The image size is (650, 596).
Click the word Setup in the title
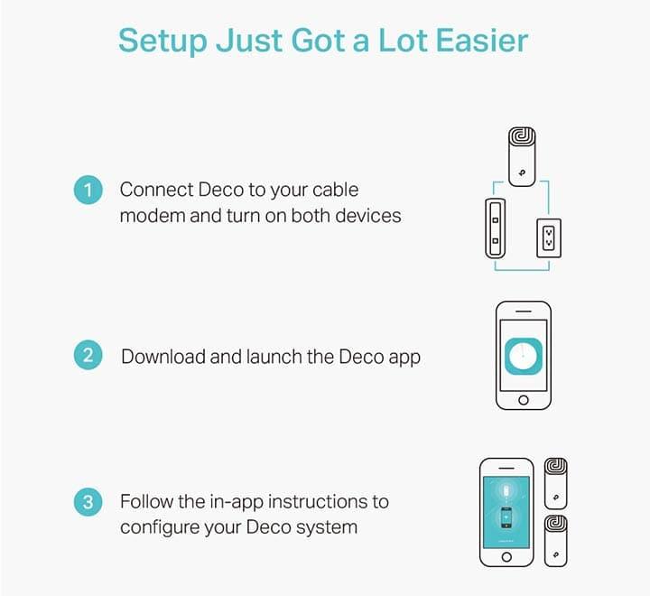pos(162,41)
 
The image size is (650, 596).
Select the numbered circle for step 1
pos(88,190)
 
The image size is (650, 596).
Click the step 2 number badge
pos(88,355)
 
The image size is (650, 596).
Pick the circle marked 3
pos(88,502)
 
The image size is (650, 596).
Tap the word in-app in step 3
pos(237,502)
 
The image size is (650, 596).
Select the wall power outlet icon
pos(549,238)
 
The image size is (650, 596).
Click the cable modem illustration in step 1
pos(495,228)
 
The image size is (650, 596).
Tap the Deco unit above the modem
pos(522,157)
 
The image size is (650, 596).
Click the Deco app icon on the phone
pos(524,357)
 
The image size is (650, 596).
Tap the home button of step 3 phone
pos(506,557)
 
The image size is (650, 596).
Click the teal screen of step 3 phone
pos(506,512)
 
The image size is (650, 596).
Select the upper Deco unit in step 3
pos(555,484)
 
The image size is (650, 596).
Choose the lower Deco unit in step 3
pos(555,541)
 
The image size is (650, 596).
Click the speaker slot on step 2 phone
pos(523,311)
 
